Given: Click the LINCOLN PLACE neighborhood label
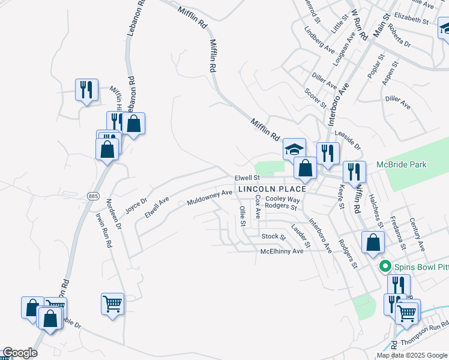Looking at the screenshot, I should [x=273, y=189].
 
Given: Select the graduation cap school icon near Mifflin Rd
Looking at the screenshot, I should [x=295, y=149].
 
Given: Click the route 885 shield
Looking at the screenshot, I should [x=92, y=196].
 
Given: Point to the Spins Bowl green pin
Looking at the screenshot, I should [x=382, y=266].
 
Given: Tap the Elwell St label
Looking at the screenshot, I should [x=247, y=178].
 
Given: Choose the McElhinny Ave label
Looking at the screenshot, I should [x=282, y=251].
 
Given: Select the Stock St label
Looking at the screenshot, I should [x=273, y=236].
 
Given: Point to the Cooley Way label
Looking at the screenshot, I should [x=283, y=199].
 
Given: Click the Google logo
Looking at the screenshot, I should [x=19, y=353].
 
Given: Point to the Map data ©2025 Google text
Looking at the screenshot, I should [x=412, y=355].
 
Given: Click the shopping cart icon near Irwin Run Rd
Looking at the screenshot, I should [x=112, y=304].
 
